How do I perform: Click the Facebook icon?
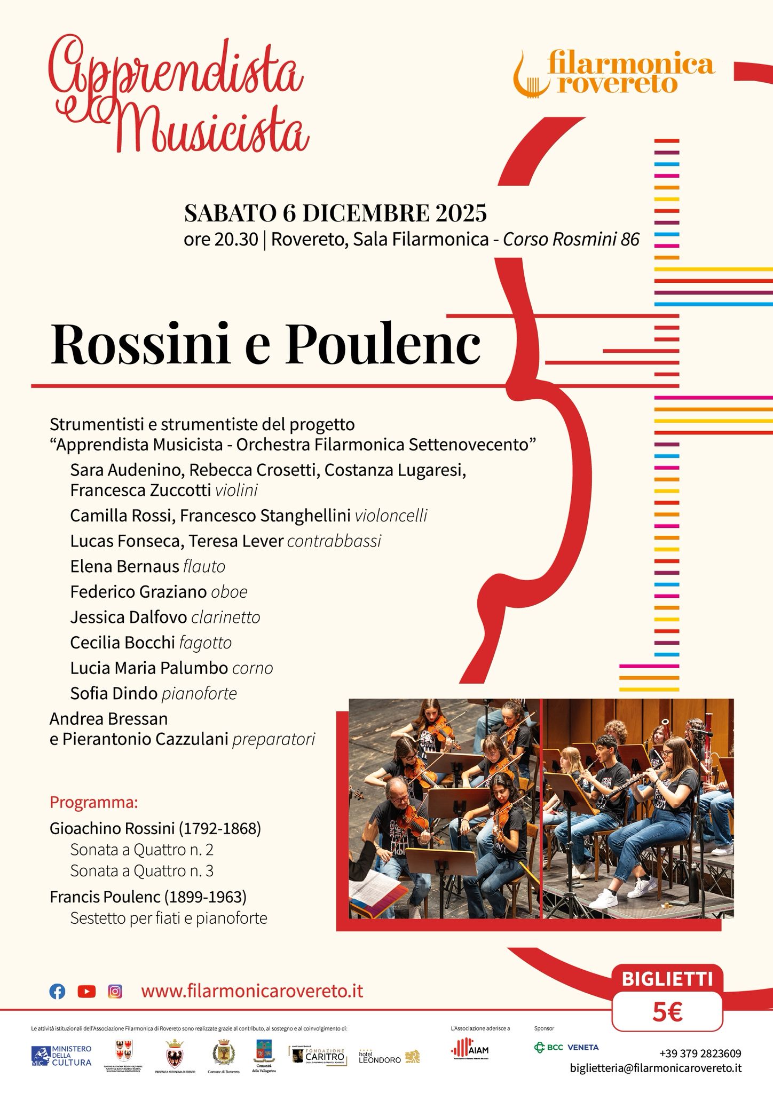(57, 992)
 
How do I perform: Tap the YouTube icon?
(86, 992)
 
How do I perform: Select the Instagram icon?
(115, 992)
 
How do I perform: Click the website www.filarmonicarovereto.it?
(252, 991)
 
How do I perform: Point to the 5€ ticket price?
(667, 1012)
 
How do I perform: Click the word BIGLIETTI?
(667, 979)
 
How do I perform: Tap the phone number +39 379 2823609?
(700, 1054)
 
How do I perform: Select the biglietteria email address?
(656, 1068)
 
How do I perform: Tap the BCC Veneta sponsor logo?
(566, 1047)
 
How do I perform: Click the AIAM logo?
(470, 1049)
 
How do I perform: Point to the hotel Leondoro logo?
(389, 1057)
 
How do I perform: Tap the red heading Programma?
(94, 803)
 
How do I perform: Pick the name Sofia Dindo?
(114, 694)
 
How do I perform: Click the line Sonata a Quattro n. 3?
(141, 871)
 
